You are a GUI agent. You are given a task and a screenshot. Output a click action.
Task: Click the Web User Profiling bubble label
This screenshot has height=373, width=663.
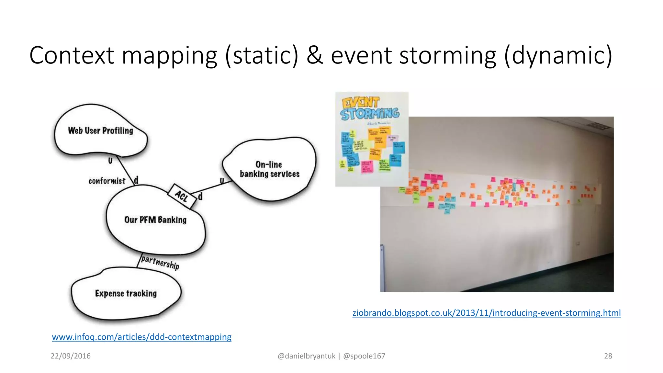click(x=100, y=130)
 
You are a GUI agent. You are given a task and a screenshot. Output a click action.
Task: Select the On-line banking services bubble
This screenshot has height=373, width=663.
click(x=269, y=169)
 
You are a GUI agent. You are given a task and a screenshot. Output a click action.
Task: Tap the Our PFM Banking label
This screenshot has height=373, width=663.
click(x=155, y=220)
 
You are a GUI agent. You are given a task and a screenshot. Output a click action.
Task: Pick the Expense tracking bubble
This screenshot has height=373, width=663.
click(x=126, y=293)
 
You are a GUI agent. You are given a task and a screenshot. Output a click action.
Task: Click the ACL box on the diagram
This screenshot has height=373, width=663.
click(x=182, y=196)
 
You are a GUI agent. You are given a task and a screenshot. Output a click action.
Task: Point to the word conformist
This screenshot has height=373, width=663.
click(x=107, y=181)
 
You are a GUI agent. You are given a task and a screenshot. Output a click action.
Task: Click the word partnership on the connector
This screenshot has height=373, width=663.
click(x=160, y=262)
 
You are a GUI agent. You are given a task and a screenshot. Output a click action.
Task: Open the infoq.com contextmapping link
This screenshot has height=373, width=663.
click(x=141, y=337)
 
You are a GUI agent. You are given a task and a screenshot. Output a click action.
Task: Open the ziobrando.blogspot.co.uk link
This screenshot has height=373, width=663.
click(x=486, y=313)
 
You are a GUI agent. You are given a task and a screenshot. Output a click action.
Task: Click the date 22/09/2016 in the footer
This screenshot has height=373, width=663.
click(x=71, y=356)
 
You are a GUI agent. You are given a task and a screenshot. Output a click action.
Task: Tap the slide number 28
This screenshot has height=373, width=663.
click(x=608, y=356)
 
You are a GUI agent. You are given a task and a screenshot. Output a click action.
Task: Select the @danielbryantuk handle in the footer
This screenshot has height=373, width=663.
click(x=306, y=356)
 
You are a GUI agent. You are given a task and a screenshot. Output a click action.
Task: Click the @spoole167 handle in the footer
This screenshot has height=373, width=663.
click(x=364, y=356)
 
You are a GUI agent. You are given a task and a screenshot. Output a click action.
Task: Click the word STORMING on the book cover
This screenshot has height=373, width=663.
click(x=370, y=114)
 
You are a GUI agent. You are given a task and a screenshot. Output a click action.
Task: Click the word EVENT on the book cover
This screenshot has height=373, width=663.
click(x=360, y=103)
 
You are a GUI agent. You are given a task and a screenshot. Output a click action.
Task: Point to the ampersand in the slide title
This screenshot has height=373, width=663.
click(x=314, y=55)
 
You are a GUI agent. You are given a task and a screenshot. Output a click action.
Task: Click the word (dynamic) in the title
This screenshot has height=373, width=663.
click(x=558, y=55)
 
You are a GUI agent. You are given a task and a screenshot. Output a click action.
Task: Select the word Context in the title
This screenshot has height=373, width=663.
click(x=72, y=55)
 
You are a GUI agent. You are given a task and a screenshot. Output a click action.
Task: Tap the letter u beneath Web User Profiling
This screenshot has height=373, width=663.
click(x=110, y=160)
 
